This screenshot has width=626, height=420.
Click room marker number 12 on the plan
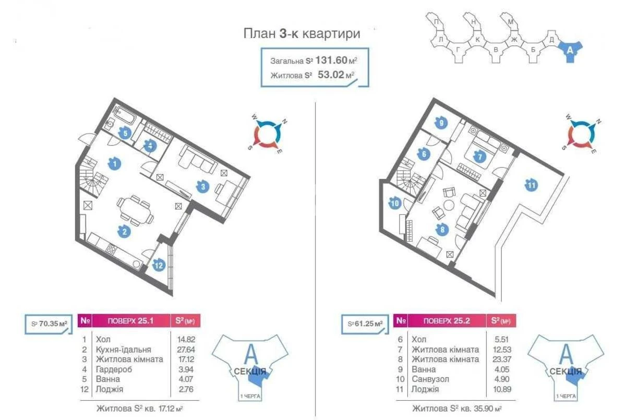pos(159,266)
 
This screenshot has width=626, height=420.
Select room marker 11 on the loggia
pos(531,185)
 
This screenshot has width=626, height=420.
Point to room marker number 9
pos(441,124)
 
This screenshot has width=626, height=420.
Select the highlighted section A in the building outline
pos(570,51)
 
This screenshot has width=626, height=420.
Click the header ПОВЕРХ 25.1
pos(124,320)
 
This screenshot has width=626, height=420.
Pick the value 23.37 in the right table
pos(497,359)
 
